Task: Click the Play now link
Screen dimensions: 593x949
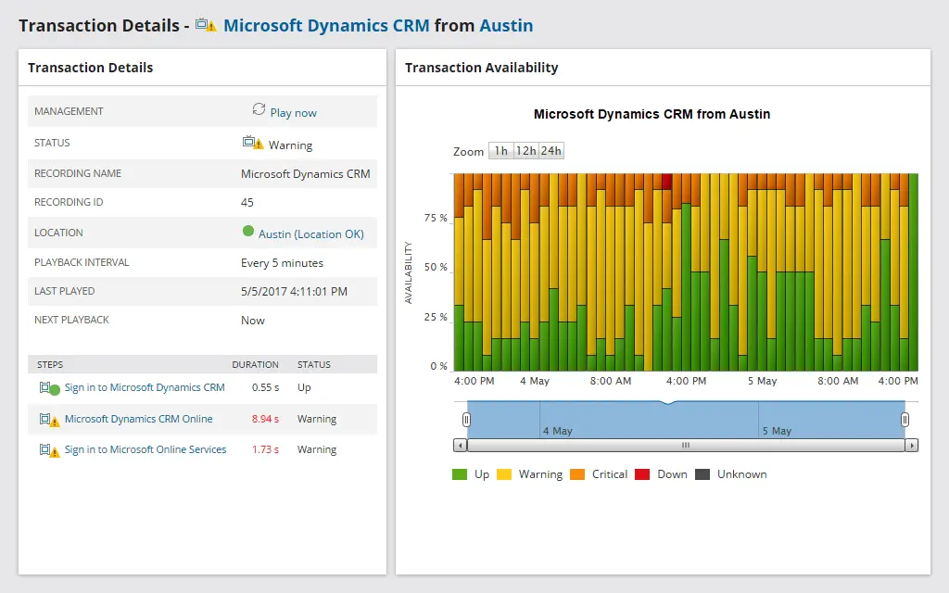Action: coord(293,113)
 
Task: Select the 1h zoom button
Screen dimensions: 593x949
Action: coord(500,151)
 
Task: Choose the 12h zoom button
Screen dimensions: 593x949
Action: coord(525,151)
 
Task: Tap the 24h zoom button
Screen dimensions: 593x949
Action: coord(550,151)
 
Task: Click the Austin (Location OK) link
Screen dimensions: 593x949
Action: coord(310,234)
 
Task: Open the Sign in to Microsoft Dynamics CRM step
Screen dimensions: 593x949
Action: coord(145,388)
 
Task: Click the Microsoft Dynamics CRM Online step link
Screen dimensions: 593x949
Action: coord(138,419)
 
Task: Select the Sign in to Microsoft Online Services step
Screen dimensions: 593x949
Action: coord(146,449)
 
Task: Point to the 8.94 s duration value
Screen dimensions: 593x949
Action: coord(265,419)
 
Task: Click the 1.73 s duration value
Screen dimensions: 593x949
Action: coord(265,449)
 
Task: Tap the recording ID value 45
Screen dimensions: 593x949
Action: coord(247,202)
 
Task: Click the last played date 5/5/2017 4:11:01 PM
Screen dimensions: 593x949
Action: coord(294,291)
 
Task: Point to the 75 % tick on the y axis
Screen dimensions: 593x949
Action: coord(436,219)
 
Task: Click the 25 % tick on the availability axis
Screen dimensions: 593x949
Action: coord(436,317)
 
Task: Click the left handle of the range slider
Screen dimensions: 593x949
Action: coord(466,420)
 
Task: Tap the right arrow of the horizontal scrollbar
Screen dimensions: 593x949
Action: coord(912,446)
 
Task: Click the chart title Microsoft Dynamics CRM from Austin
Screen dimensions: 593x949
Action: coord(652,115)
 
